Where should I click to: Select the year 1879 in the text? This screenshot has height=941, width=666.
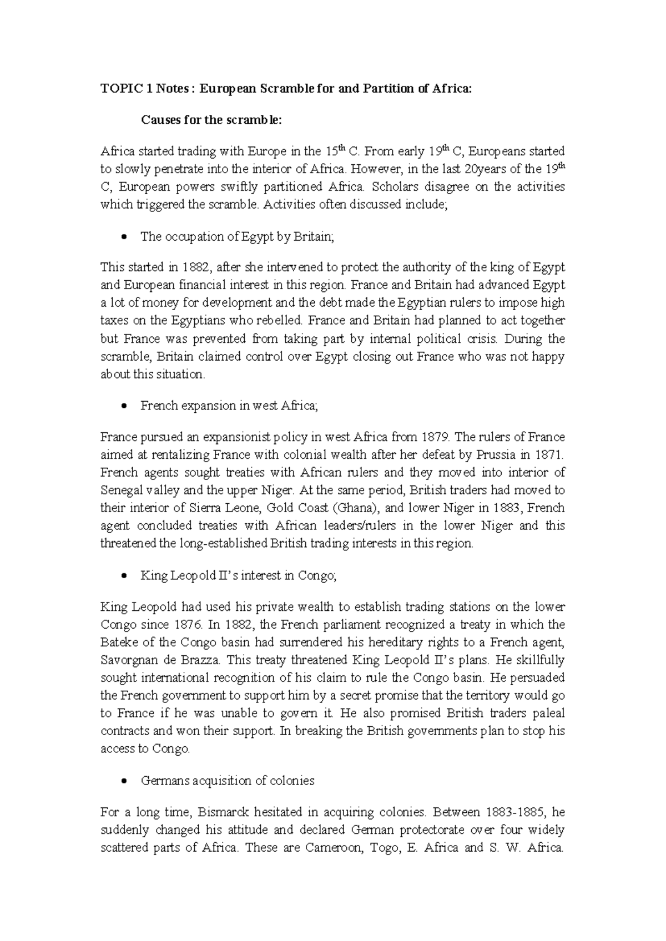click(x=435, y=437)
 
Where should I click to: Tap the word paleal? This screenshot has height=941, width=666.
click(x=546, y=713)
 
